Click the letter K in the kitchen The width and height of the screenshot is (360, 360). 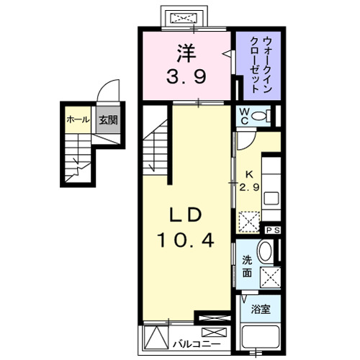250,174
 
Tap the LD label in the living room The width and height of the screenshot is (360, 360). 189,216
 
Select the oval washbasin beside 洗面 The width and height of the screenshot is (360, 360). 265,251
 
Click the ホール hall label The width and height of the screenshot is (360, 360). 77,120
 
